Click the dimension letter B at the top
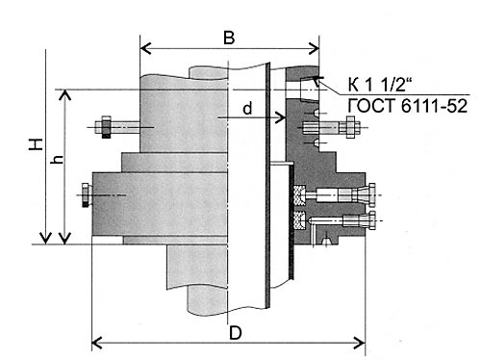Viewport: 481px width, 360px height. pos(229,38)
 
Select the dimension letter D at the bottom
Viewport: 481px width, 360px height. pos(236,333)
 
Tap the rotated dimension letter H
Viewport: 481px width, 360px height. pos(36,144)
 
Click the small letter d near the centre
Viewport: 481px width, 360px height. pos(247,109)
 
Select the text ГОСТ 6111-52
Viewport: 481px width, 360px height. pos(408,106)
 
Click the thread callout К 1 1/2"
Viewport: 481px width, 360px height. pos(380,84)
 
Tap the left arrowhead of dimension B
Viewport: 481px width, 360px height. pos(145,49)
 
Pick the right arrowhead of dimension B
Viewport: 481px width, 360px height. pos(314,49)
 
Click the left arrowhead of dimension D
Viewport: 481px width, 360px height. pos(97,343)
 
